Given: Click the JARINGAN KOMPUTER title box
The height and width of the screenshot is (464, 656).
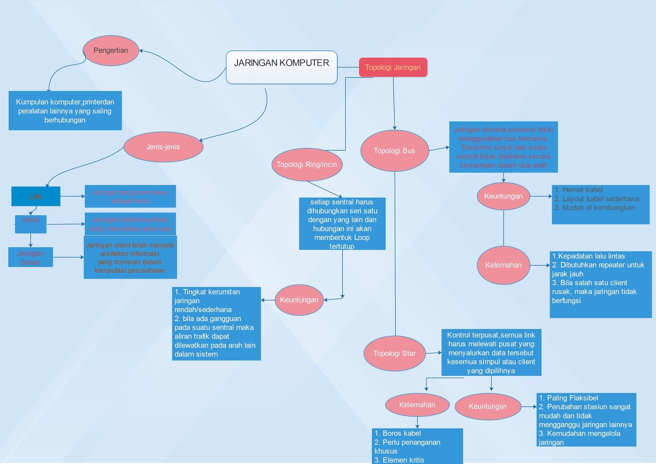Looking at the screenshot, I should point(282,67).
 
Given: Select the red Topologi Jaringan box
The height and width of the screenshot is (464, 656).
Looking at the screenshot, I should point(393,67).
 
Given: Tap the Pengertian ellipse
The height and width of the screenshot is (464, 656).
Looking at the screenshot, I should point(111,50).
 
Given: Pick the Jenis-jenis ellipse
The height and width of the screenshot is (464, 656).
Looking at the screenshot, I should point(163,147).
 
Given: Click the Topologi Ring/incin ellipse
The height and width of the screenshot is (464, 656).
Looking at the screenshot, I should point(307,165).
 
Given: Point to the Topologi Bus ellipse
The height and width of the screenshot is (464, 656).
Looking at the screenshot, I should point(394,151).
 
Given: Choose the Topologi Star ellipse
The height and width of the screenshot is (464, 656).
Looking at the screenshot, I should point(394,353).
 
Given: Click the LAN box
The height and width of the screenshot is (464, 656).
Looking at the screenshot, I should point(36,197).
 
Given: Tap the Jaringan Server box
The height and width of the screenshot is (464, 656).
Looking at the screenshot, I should point(31,257).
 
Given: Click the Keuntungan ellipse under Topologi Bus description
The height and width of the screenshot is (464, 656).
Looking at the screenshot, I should point(503,196).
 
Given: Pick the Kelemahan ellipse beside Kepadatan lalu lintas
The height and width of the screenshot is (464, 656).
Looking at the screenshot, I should point(503,265).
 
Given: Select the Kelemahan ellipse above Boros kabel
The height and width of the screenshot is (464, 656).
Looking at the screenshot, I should point(417,405).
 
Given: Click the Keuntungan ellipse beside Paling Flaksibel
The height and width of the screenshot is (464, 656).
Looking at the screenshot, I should point(488,407).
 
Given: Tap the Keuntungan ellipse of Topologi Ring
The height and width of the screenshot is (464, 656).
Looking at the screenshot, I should point(299,300).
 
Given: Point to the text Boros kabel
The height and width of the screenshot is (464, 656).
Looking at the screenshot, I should point(401,433).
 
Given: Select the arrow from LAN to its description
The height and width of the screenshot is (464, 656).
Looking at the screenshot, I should point(73,197).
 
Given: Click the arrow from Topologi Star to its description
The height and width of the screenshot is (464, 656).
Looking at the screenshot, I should point(433,352).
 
